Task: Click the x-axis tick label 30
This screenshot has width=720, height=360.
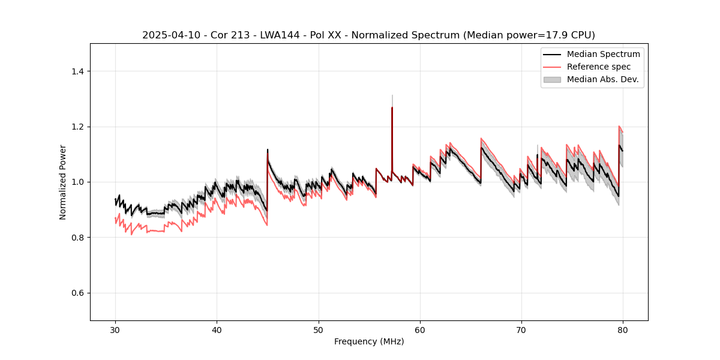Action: pyautogui.click(x=115, y=330)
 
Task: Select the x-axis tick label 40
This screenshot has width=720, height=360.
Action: pyautogui.click(x=217, y=330)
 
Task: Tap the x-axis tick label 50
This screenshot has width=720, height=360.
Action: pyautogui.click(x=318, y=330)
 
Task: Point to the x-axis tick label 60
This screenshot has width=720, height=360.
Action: pyautogui.click(x=420, y=330)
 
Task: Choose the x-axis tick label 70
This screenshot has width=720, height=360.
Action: pyautogui.click(x=521, y=330)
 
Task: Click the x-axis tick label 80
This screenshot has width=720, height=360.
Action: pyautogui.click(x=623, y=330)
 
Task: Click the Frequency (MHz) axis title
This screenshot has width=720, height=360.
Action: pyautogui.click(x=369, y=341)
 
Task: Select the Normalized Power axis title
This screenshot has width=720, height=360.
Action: pyautogui.click(x=63, y=182)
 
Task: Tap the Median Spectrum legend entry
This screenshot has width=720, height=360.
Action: pyautogui.click(x=603, y=54)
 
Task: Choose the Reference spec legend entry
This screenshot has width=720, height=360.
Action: pyautogui.click(x=598, y=67)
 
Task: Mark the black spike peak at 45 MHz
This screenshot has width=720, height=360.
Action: pyautogui.click(x=268, y=149)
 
